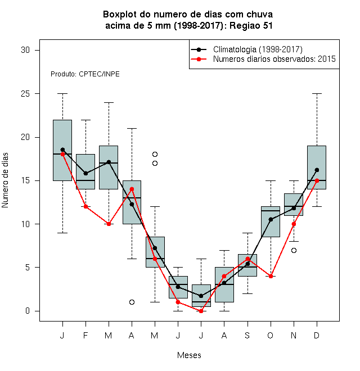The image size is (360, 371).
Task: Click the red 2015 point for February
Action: [x=85, y=206]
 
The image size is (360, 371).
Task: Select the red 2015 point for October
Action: [x=271, y=276]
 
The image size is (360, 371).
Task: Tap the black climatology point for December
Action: [x=317, y=170]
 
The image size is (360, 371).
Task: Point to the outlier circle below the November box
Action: [x=294, y=250]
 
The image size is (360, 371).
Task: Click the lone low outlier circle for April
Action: [x=132, y=302]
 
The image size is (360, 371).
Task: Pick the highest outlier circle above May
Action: [x=155, y=154]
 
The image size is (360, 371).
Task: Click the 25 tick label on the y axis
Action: [x=25, y=94]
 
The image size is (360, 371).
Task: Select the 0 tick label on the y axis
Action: [x=28, y=311]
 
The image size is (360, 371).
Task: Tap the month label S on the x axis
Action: [x=247, y=335]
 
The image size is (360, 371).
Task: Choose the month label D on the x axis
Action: [x=317, y=335]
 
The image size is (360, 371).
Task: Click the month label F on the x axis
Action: [x=85, y=335]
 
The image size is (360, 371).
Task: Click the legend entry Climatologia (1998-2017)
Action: [x=258, y=49]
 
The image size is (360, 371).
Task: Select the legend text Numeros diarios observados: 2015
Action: [x=274, y=59]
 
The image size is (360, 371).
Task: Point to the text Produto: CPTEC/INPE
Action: [x=85, y=74]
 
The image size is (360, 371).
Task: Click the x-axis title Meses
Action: [x=189, y=355]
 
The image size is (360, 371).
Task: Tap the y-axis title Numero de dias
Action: [x=5, y=180]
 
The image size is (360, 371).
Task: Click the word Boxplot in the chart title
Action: [x=120, y=15]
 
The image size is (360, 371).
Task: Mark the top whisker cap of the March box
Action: [x=109, y=103]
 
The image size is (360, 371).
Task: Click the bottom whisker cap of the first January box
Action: [x=62, y=233]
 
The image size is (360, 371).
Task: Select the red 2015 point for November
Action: [x=294, y=224]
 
